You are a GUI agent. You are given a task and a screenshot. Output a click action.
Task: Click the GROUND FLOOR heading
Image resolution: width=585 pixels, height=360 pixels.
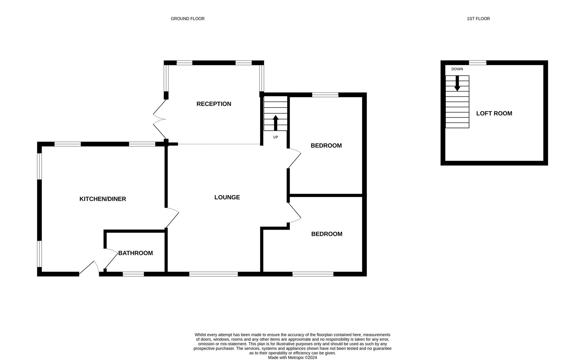(187, 19)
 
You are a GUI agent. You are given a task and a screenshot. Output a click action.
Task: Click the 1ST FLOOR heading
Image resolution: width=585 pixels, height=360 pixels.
(478, 19)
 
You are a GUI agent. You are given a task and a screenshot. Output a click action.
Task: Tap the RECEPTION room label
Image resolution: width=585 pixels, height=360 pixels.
(213, 104)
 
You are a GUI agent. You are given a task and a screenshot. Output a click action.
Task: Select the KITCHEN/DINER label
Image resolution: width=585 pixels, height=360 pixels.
(102, 199)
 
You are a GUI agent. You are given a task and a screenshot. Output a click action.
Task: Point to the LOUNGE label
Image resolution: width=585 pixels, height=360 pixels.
(227, 197)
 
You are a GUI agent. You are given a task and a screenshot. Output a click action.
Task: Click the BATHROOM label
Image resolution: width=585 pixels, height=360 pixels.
(135, 253)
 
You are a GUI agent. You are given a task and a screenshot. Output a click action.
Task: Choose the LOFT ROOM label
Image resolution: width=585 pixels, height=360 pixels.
(494, 113)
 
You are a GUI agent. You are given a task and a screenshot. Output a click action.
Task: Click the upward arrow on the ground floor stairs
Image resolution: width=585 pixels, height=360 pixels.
(275, 122)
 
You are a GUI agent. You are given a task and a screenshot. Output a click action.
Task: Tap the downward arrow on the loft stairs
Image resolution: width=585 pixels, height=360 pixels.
(457, 83)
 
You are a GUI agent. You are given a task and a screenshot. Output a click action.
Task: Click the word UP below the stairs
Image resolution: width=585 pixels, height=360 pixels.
(275, 137)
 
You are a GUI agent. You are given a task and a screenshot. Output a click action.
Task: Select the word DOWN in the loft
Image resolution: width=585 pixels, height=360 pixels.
(457, 69)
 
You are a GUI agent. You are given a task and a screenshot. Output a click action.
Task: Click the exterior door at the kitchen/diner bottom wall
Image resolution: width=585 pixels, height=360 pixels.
(88, 268)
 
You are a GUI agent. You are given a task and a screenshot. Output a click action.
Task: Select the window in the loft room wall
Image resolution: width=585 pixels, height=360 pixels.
(477, 63)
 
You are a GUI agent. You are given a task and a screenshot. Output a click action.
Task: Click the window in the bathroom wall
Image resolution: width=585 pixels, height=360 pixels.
(133, 274)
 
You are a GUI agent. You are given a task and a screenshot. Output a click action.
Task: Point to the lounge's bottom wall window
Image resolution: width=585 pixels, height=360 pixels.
(213, 274)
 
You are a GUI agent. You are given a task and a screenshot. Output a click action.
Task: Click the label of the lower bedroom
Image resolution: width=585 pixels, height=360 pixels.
(327, 234)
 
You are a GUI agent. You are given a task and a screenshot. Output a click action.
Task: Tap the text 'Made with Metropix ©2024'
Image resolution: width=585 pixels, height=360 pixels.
(292, 357)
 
